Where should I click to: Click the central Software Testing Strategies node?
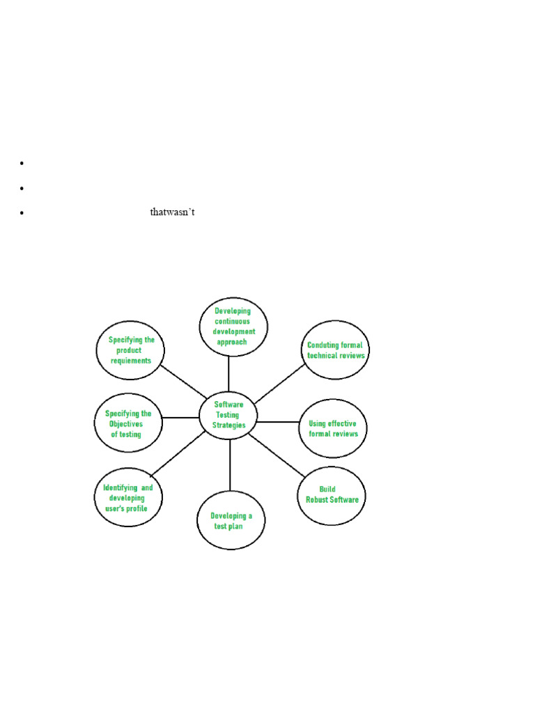229,415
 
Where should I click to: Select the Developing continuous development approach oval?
233,327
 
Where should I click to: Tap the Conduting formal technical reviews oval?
336,350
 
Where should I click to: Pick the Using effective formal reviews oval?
333,428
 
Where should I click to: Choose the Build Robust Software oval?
332,495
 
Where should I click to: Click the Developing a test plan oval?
231,521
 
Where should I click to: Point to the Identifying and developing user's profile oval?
128,498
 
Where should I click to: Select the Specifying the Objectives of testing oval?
128,423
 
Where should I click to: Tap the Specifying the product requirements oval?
131,350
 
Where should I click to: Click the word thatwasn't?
172,212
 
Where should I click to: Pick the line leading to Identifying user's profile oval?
178,454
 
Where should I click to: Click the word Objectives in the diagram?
125,424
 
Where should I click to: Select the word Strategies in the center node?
230,425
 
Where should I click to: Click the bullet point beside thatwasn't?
22,213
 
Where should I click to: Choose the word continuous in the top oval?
233,322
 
